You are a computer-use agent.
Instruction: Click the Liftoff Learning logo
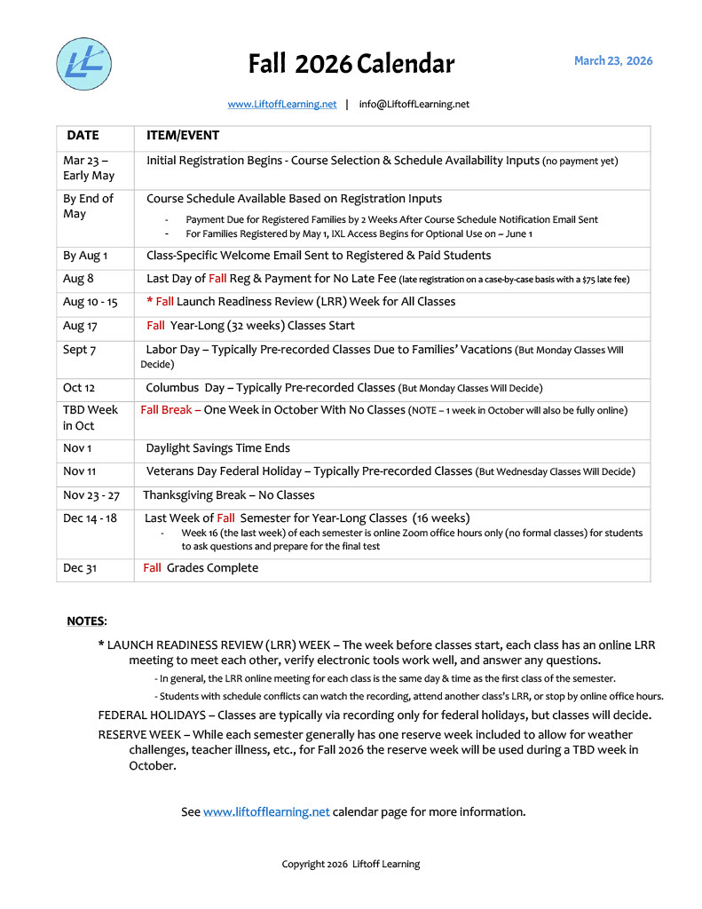click(x=84, y=64)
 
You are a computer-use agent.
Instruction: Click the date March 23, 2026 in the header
click(x=612, y=61)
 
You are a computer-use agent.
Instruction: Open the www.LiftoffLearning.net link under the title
click(x=281, y=104)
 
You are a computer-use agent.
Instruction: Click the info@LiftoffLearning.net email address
click(x=414, y=104)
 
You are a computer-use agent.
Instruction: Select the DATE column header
click(x=83, y=136)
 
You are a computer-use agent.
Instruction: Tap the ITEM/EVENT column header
click(x=182, y=136)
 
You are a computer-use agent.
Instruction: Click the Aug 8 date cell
click(x=78, y=279)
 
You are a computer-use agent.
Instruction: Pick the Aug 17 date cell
click(x=80, y=326)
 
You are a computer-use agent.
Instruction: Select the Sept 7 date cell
click(x=79, y=350)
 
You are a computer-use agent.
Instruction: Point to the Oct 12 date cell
click(x=78, y=388)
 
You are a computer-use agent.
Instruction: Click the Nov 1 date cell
click(x=77, y=448)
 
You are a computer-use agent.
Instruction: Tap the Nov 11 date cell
click(x=80, y=471)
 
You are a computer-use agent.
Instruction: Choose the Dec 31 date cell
click(x=79, y=568)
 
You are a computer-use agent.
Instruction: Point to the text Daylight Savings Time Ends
click(x=217, y=448)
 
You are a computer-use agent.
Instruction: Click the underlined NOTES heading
click(x=87, y=620)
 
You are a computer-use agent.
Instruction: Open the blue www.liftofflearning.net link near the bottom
click(x=266, y=811)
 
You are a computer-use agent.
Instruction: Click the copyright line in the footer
click(x=351, y=864)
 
